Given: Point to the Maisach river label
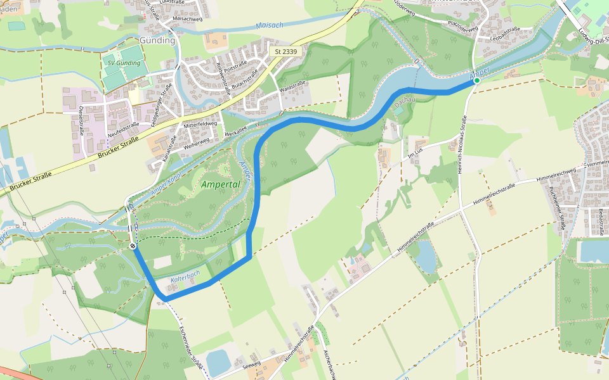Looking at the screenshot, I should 270,25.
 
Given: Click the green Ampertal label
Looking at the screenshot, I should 220,185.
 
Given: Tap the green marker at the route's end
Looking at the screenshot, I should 477,80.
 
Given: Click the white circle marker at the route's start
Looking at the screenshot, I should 133,246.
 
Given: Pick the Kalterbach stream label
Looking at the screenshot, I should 185,276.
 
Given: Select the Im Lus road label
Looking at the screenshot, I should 415,154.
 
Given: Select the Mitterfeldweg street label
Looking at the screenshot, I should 200,124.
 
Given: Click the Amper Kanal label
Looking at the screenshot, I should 166,183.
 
